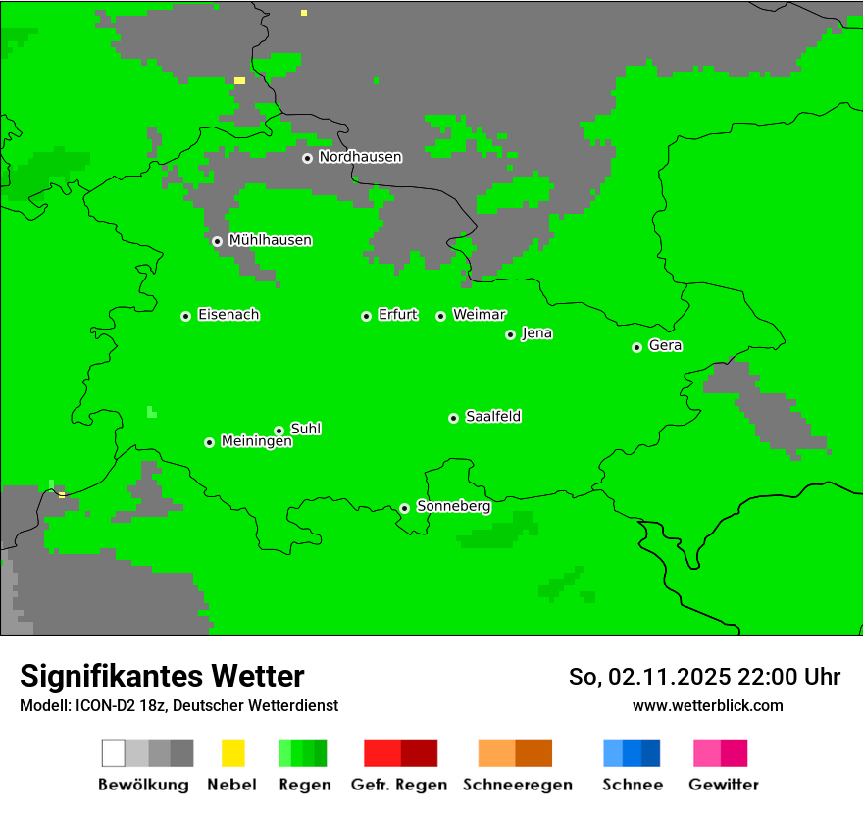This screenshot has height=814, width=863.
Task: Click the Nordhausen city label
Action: click(360, 157)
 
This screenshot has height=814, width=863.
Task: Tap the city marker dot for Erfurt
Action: click(366, 316)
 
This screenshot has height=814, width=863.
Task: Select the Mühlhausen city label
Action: click(270, 240)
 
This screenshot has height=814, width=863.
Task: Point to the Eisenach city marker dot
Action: click(185, 316)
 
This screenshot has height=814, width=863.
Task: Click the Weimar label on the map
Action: click(480, 315)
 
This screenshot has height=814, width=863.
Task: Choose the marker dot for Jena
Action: click(510, 334)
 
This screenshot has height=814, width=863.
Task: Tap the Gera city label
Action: click(665, 346)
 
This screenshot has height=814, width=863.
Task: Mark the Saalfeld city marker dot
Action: click(453, 418)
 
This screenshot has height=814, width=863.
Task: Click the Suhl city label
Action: click(306, 429)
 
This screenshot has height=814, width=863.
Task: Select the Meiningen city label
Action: click(257, 442)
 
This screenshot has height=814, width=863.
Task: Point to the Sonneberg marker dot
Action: click(404, 508)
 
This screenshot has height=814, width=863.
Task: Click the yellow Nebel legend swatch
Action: click(232, 753)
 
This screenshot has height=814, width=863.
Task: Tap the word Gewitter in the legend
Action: click(724, 785)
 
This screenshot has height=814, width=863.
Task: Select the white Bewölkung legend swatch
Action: click(114, 753)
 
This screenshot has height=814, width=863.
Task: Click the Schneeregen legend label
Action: click(518, 785)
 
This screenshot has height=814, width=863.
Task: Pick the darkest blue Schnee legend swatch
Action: click(651, 753)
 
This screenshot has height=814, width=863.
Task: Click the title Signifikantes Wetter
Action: click(162, 676)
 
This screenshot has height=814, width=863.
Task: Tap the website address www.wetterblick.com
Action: click(707, 706)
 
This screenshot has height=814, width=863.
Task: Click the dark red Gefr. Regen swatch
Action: click(420, 753)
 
